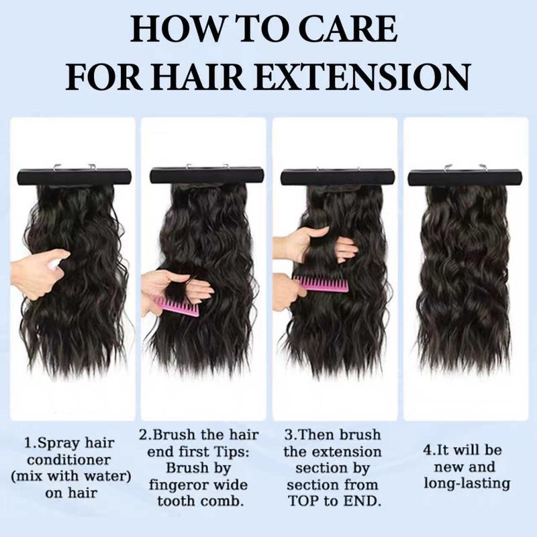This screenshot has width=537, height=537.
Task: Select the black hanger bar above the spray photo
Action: pyautogui.click(x=74, y=177)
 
